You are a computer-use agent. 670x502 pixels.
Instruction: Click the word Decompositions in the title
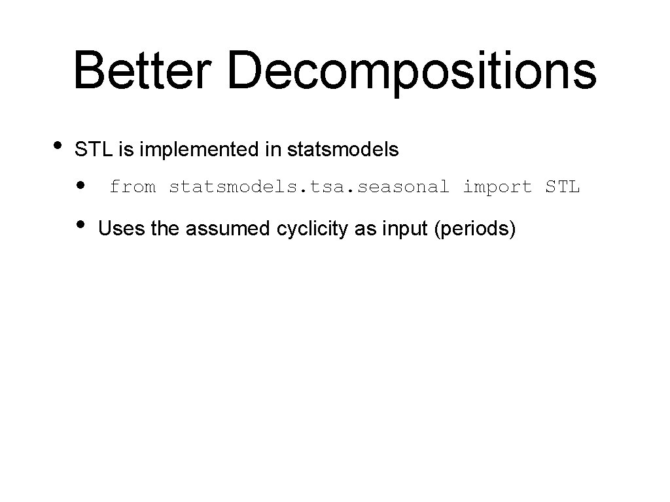click(412, 72)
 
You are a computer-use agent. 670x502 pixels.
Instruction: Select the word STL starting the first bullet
click(95, 150)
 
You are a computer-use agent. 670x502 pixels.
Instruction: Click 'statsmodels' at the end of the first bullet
click(342, 150)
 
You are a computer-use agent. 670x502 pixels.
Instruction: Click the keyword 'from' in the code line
click(133, 187)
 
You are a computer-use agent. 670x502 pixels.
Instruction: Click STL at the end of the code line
click(562, 187)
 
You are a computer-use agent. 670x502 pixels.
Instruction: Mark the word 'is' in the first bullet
click(126, 150)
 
